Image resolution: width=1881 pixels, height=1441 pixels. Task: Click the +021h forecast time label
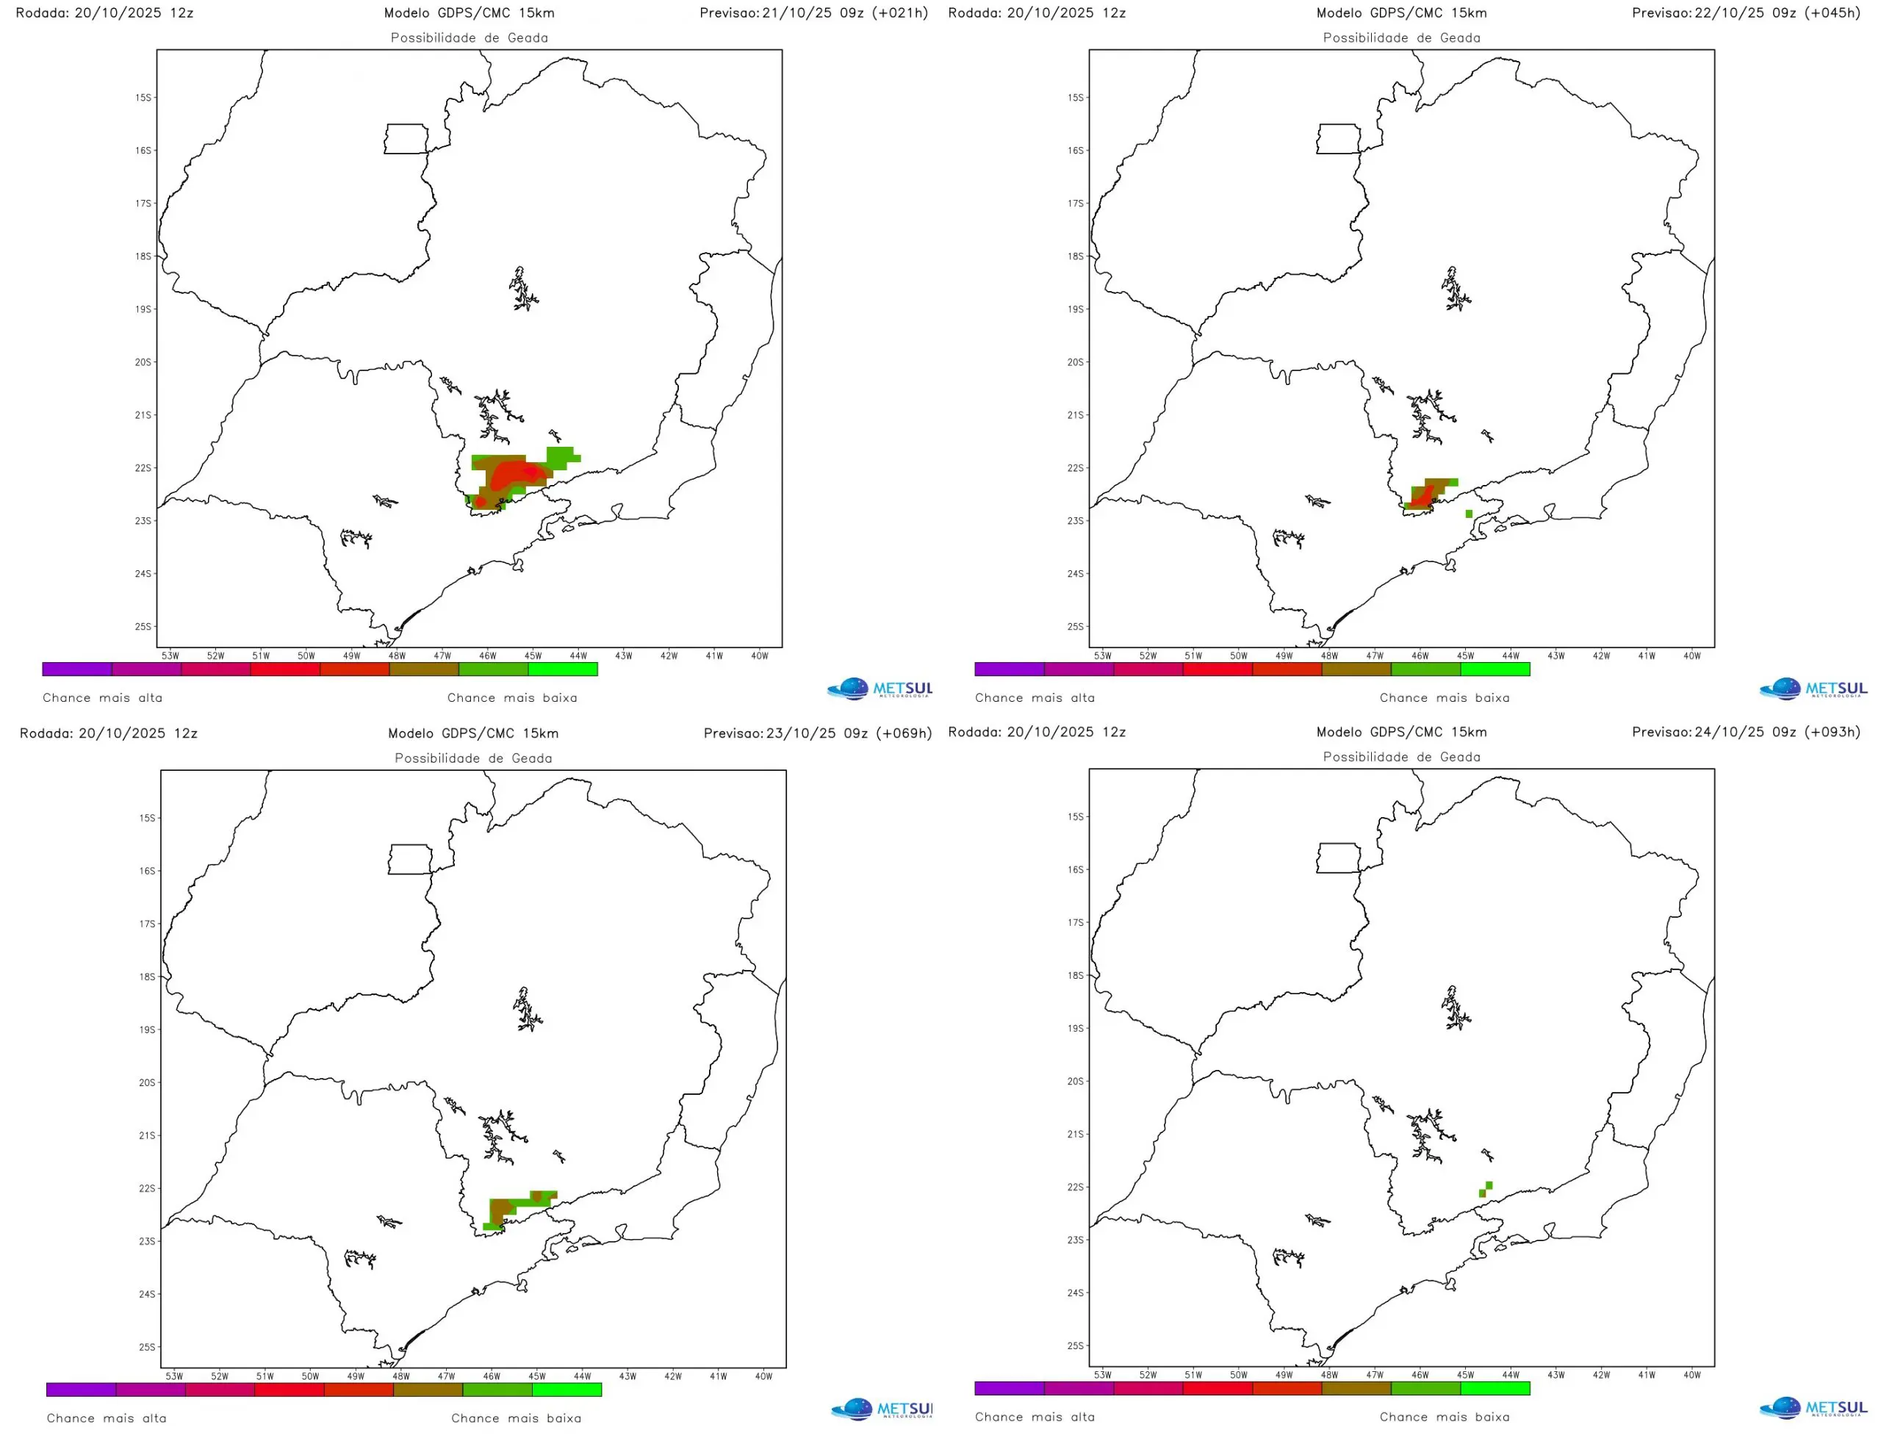pos(813,13)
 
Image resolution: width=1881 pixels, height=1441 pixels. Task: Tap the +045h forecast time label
pos(1746,13)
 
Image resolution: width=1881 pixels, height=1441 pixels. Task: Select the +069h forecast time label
pos(817,733)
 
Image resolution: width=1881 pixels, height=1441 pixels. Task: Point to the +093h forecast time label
pos(1746,732)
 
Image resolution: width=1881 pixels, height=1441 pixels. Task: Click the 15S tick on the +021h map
pos(143,98)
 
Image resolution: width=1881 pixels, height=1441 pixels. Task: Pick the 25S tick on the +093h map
pos(1076,1345)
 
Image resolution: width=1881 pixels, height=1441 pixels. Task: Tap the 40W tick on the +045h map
pos(1691,656)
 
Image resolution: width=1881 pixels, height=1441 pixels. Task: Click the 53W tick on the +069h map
pos(174,1376)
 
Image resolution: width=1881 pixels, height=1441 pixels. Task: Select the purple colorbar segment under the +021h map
pos(76,669)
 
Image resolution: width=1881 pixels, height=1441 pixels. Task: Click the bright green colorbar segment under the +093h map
pos(1495,1388)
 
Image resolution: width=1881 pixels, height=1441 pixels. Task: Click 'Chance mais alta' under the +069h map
pos(107,1417)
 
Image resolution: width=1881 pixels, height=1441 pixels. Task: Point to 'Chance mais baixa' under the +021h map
pos(512,697)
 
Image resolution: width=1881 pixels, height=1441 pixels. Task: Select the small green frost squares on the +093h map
pos(1486,1190)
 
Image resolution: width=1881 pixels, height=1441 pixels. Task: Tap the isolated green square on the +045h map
pos(1470,514)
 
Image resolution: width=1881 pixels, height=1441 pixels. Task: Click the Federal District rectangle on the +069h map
pos(410,860)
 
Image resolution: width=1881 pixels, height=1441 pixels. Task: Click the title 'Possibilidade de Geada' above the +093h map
pos(1401,757)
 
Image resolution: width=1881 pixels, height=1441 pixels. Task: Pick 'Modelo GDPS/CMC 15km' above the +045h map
pos(1401,13)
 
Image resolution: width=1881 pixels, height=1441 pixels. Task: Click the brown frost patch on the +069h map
pos(500,1210)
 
